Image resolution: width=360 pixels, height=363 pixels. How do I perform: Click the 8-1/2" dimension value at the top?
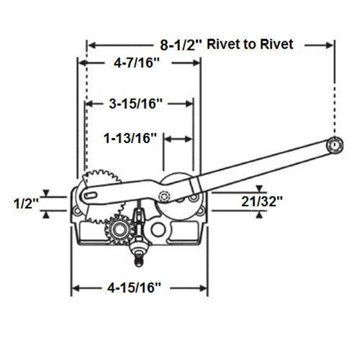coord(181,45)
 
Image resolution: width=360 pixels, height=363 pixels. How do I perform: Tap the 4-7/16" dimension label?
coord(137,63)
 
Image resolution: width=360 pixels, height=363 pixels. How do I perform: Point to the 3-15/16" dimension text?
coord(136,104)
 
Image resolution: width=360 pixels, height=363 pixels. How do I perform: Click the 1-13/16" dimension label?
coord(130,138)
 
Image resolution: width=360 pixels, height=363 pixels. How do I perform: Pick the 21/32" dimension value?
coord(262,201)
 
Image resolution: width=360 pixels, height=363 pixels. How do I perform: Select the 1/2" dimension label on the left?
coord(26,203)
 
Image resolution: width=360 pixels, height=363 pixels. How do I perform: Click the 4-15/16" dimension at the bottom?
coord(134,287)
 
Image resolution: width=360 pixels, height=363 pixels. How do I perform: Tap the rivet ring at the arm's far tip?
coord(335,145)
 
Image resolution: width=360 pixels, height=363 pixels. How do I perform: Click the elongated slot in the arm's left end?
coord(90,195)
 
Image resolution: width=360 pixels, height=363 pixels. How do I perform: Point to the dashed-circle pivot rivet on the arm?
coord(165,195)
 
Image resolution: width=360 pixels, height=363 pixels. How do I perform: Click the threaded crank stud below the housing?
coord(139,260)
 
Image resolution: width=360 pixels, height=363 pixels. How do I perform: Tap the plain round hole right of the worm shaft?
coord(157,229)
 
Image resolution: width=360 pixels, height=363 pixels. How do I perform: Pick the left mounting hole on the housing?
coord(78,211)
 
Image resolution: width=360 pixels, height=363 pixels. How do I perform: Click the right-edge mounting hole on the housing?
coord(200,211)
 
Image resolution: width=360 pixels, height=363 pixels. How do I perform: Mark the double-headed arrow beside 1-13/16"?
coord(179,139)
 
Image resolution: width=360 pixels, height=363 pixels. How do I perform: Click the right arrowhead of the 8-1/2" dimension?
coord(330,45)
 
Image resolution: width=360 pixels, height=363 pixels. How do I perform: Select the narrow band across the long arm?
coord(195,185)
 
